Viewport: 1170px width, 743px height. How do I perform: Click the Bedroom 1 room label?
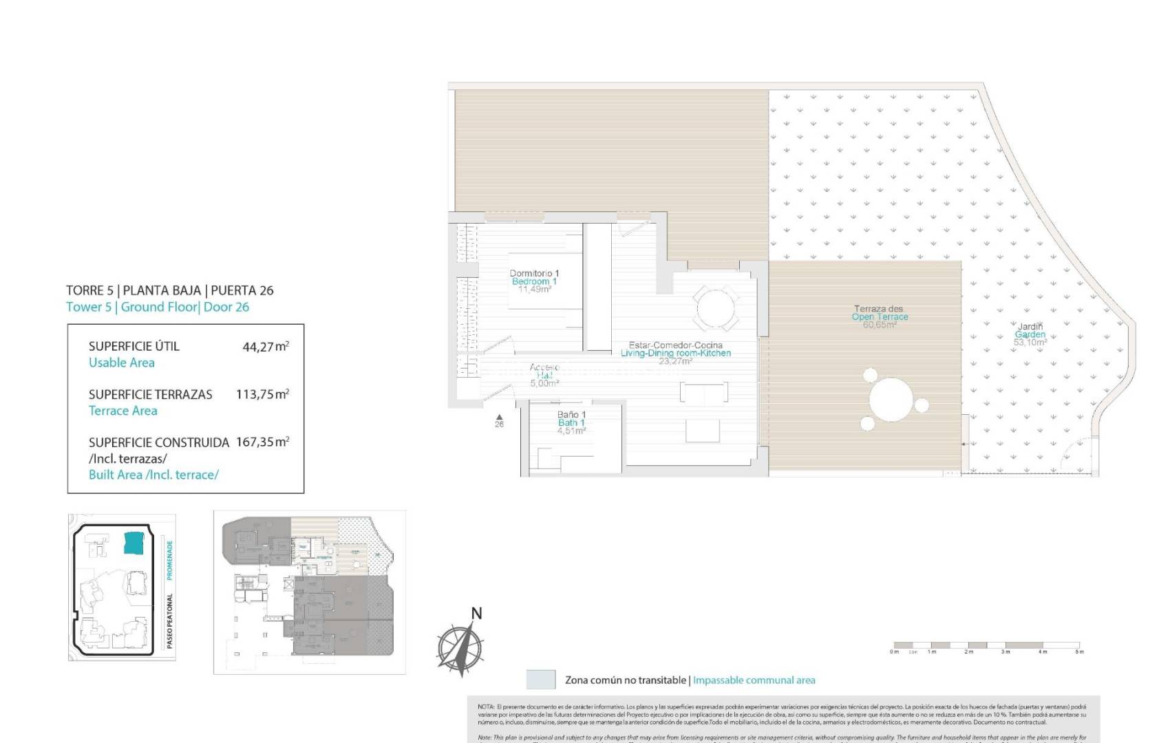click(534, 281)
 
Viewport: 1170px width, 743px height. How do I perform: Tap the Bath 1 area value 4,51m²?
click(571, 431)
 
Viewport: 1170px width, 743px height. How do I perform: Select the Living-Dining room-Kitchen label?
click(676, 353)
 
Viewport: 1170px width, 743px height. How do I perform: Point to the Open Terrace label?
click(880, 316)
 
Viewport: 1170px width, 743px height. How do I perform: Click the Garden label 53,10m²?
click(1030, 342)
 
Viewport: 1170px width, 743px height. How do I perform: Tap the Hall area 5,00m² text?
click(544, 384)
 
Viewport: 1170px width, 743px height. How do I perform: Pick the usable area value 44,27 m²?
click(265, 347)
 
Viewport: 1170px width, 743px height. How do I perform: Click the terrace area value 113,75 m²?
click(262, 395)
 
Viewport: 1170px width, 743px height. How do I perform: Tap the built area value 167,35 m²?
click(262, 442)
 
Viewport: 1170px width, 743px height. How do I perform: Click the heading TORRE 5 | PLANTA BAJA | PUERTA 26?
click(170, 290)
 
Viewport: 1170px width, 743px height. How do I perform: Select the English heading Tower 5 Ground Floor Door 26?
click(158, 308)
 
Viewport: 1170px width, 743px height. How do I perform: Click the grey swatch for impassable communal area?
click(540, 680)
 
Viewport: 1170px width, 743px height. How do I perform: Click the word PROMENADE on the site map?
click(170, 560)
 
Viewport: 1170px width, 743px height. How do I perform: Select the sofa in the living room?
click(703, 393)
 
